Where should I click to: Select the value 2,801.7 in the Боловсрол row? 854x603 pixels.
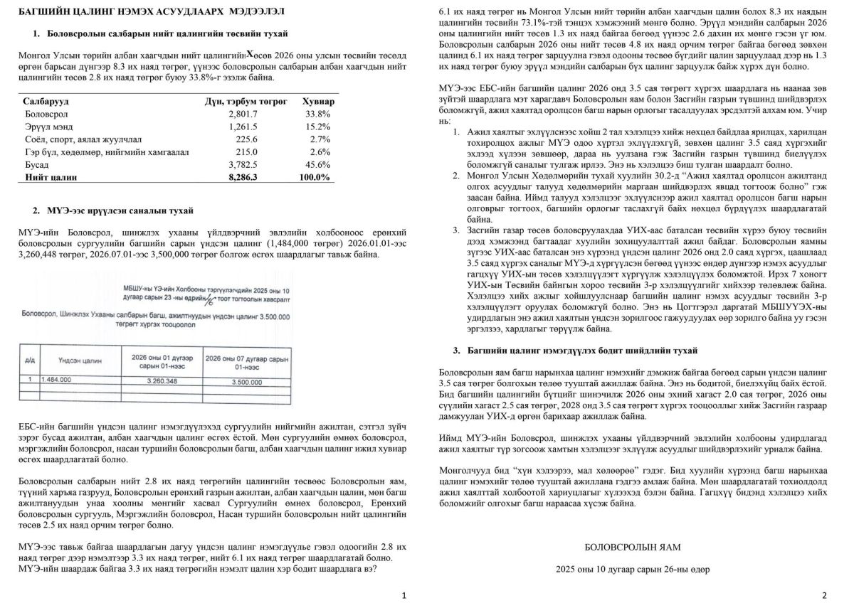tap(243, 114)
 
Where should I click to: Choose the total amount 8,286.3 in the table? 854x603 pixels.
tap(242, 177)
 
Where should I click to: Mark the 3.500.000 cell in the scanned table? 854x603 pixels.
tap(247, 381)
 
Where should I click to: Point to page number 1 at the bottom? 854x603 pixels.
tap(404, 594)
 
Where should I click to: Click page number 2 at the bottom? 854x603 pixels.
tap(824, 594)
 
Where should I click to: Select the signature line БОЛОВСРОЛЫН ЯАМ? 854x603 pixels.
tap(632, 547)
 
